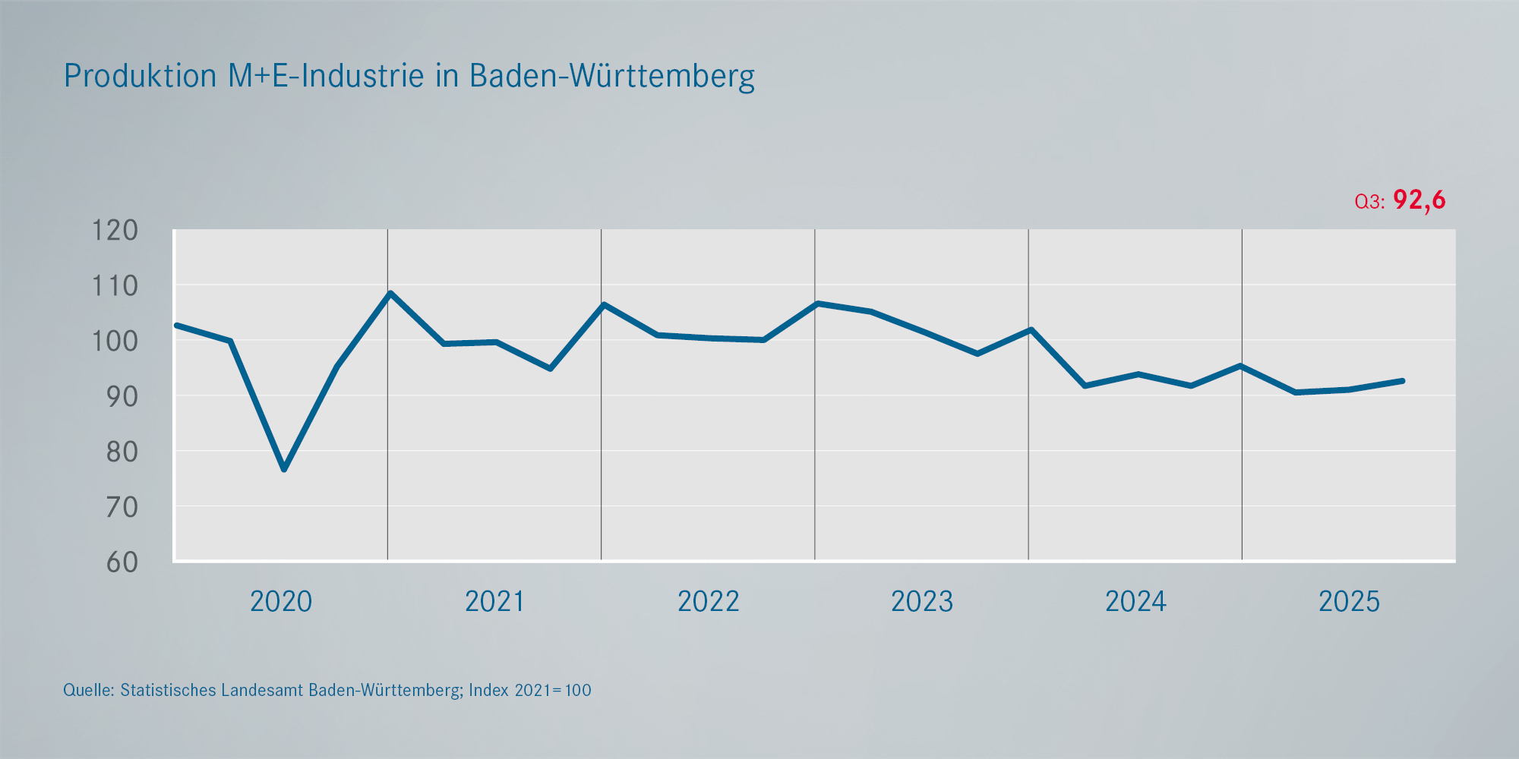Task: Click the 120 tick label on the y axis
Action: (x=115, y=230)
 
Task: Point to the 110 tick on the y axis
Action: (x=115, y=286)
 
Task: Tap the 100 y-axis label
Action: (x=115, y=341)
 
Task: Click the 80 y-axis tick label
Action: (x=122, y=452)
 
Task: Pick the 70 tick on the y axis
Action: (x=122, y=507)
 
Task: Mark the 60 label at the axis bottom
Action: (x=122, y=562)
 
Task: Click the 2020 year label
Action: (x=281, y=602)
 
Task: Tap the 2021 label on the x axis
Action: (x=494, y=602)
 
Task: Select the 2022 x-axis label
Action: (x=708, y=602)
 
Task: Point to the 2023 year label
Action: (x=921, y=602)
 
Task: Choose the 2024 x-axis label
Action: (x=1135, y=602)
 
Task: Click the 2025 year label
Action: (x=1349, y=602)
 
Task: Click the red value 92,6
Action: (x=1420, y=200)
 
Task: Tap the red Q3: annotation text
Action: (x=1369, y=202)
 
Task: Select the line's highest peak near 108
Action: (x=390, y=293)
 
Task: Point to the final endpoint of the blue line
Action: (x=1402, y=381)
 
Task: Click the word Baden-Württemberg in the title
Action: (x=612, y=76)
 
